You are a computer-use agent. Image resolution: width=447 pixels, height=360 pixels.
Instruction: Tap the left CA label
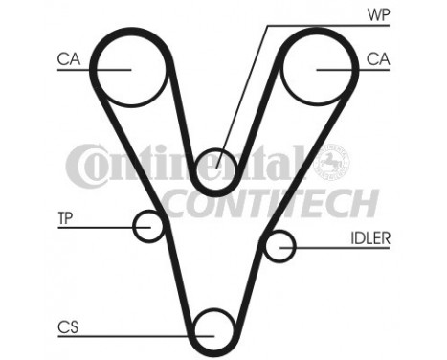67,59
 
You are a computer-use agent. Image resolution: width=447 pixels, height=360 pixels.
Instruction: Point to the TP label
64,217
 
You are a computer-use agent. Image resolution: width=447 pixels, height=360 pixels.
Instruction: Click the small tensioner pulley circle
148,226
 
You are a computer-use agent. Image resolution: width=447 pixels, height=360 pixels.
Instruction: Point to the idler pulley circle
279,247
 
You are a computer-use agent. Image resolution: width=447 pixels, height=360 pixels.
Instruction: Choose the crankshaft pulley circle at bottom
212,329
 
